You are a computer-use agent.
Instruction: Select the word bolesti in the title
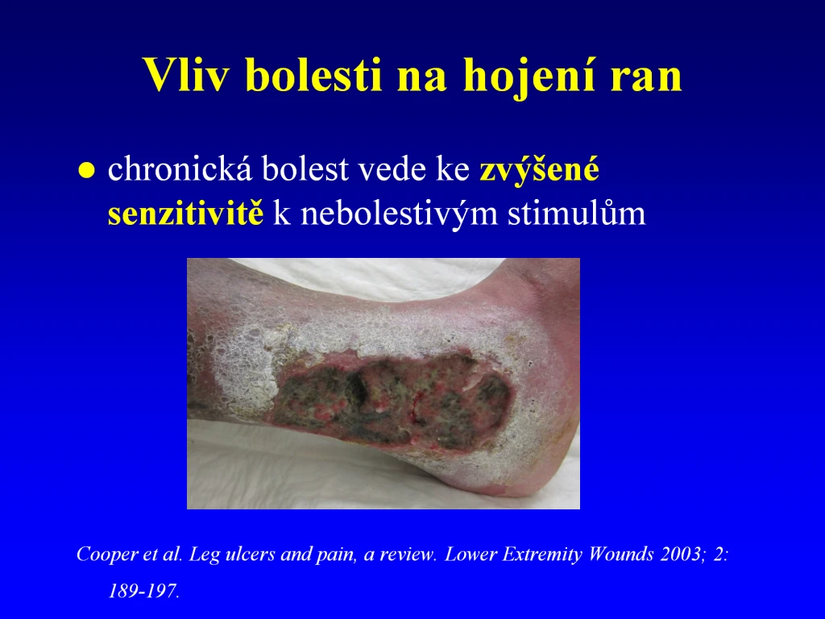[313, 74]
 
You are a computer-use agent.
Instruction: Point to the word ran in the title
[646, 80]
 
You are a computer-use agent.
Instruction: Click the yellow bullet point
[86, 171]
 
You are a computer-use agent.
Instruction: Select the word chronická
[180, 169]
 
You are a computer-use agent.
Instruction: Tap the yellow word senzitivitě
[185, 213]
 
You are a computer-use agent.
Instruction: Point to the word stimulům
[577, 213]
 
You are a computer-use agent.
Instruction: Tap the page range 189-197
[143, 591]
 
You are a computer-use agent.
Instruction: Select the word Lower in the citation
[471, 555]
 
